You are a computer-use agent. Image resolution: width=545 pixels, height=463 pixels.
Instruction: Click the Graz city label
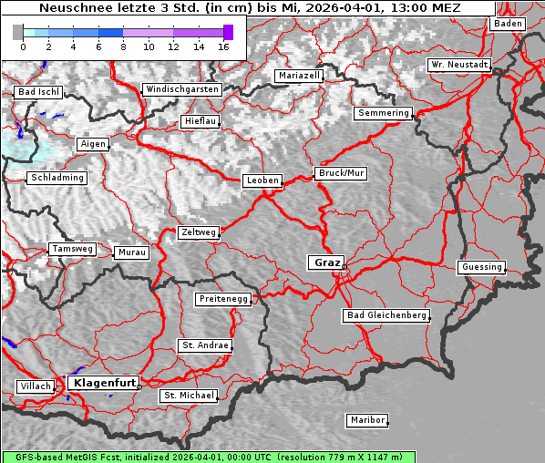(x=325, y=262)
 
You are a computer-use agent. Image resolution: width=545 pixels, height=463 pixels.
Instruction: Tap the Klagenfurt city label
(x=103, y=383)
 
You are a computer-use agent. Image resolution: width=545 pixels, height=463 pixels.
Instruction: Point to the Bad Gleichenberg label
(x=386, y=315)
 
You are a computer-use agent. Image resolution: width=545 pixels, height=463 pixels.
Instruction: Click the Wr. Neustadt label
(x=459, y=66)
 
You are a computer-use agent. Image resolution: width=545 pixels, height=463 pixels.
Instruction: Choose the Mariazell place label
(x=299, y=76)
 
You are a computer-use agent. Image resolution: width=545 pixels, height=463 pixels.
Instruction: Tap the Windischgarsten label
(x=181, y=89)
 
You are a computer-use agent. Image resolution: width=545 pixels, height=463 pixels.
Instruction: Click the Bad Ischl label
(x=38, y=92)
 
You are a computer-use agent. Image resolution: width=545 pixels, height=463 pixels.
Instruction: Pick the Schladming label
(x=57, y=178)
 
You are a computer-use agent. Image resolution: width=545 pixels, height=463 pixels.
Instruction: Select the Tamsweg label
(x=72, y=249)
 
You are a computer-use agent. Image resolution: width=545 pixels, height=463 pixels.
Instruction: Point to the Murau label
(x=130, y=252)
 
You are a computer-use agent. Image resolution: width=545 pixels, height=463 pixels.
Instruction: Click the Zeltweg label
(x=198, y=232)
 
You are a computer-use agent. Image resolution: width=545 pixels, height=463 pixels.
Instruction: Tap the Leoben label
(x=262, y=180)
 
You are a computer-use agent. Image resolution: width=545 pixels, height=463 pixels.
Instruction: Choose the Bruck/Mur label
(x=340, y=172)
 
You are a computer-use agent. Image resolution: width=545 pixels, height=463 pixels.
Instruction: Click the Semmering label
(x=384, y=113)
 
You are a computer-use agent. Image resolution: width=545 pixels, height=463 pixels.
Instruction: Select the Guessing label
(x=480, y=267)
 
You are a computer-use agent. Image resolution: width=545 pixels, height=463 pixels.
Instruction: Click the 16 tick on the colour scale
(x=223, y=46)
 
